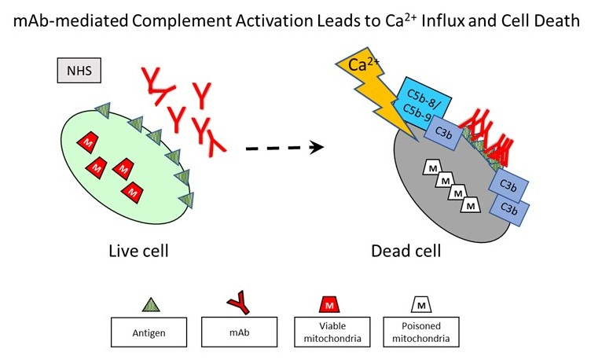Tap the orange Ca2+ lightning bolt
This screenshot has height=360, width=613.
(x=374, y=86)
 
